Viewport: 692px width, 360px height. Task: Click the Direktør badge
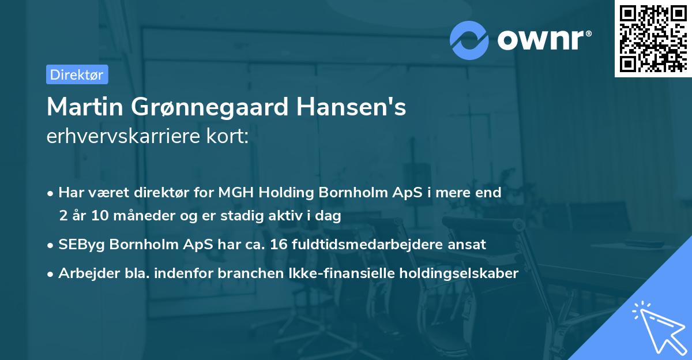tap(77, 74)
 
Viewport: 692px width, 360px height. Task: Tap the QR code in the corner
tap(652, 38)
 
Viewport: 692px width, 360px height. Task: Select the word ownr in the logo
tap(543, 40)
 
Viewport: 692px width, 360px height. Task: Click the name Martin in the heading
tap(86, 107)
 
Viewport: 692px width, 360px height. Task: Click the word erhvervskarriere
tap(122, 136)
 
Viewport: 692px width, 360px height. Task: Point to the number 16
tap(273, 244)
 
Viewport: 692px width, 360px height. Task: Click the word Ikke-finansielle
tap(351, 273)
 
